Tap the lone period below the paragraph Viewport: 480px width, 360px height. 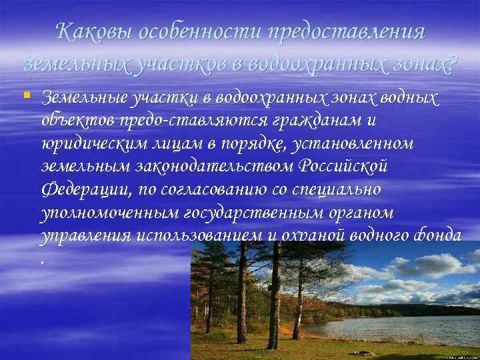[x=44, y=261]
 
